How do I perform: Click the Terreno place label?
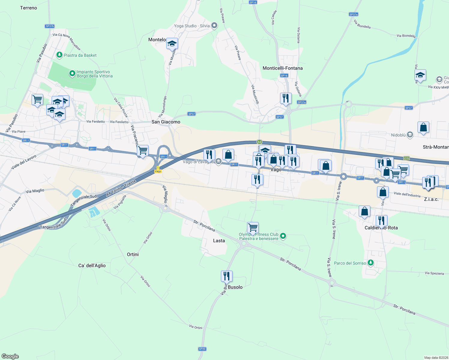(x=29, y=8)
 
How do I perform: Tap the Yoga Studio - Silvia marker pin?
(x=214, y=25)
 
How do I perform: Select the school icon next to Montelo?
(x=172, y=44)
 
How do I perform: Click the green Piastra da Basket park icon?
(x=59, y=55)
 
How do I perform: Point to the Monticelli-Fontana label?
(x=282, y=68)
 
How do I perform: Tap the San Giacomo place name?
(x=166, y=122)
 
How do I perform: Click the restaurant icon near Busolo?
(x=227, y=276)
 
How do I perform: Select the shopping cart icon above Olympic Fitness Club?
(x=253, y=227)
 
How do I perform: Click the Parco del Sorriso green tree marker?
(x=371, y=263)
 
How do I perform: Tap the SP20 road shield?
(x=202, y=349)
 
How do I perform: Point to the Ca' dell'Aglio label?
(x=92, y=265)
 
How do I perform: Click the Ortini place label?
(x=133, y=254)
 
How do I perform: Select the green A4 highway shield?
(x=259, y=142)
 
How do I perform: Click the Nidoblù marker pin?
(x=410, y=135)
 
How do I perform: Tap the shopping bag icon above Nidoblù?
(x=423, y=127)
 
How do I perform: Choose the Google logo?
(x=10, y=356)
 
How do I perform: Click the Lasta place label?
(x=219, y=241)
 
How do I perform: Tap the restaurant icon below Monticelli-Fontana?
(x=286, y=98)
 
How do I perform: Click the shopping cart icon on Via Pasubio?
(x=37, y=99)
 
